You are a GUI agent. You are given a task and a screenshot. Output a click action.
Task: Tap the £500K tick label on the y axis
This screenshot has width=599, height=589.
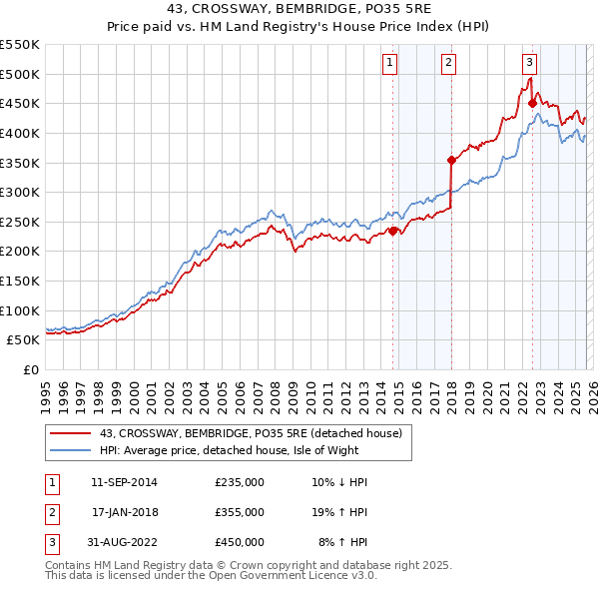click(20, 74)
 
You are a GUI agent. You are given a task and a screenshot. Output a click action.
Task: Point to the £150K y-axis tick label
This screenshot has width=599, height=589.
click(20, 281)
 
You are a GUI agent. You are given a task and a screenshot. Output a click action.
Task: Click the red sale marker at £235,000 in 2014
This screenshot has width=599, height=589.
click(393, 231)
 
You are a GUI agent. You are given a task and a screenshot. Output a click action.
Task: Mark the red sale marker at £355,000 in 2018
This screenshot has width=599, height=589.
click(452, 160)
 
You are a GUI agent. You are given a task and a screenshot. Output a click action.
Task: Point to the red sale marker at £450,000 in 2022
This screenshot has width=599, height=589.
click(532, 103)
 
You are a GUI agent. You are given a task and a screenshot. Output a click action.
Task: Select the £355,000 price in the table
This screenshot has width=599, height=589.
click(240, 511)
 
